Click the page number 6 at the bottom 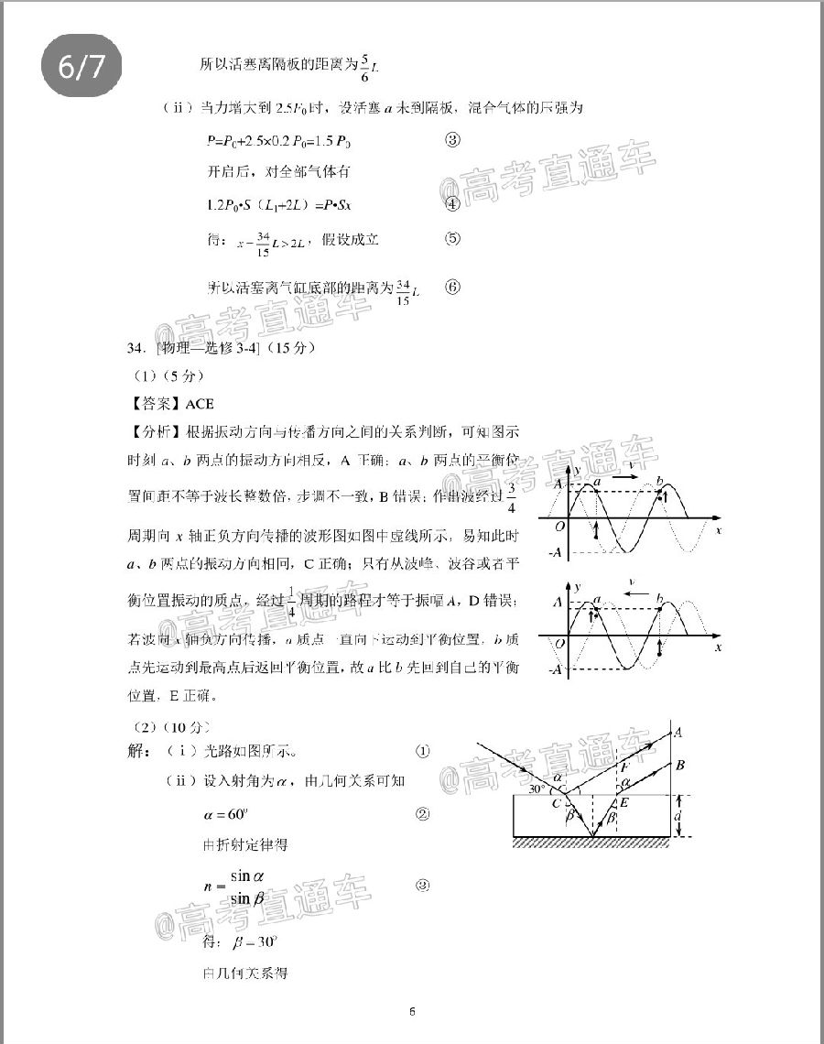[x=413, y=1011]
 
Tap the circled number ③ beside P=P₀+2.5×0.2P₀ [x=451, y=141]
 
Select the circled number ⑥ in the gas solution [x=452, y=287]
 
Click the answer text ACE [x=200, y=403]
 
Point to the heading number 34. [x=137, y=349]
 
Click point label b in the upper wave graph [x=660, y=481]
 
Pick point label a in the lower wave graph [x=596, y=600]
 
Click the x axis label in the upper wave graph [x=720, y=530]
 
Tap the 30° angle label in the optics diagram [x=537, y=788]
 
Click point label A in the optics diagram [x=678, y=732]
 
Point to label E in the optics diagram [x=624, y=803]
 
